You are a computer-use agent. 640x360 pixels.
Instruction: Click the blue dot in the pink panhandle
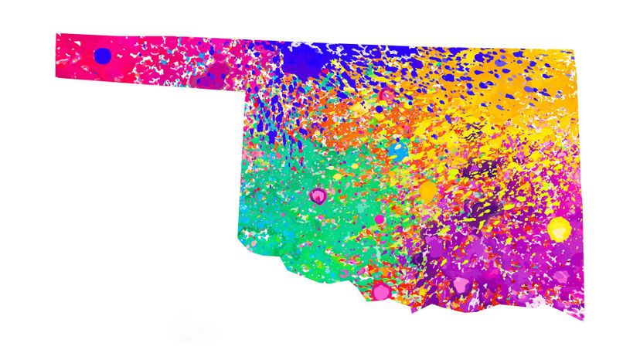tap(102, 56)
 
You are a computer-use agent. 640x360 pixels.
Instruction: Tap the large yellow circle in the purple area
tap(559, 228)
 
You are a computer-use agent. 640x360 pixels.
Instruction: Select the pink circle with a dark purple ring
tap(317, 195)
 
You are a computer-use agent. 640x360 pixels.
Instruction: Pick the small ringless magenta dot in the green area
tap(380, 219)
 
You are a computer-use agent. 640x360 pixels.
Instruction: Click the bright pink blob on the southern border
tap(380, 291)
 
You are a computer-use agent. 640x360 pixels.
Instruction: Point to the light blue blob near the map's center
tap(399, 150)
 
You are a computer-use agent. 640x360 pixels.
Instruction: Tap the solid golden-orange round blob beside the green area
tap(427, 190)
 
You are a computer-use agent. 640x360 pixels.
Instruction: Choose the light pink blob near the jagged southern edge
tap(463, 284)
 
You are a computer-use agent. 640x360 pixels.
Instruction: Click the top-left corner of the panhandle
tap(56, 33)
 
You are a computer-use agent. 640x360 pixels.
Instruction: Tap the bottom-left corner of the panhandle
tap(56, 76)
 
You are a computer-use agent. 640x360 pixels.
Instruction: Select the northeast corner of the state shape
tap(574, 52)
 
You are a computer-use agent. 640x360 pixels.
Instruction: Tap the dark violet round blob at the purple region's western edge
tap(418, 259)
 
